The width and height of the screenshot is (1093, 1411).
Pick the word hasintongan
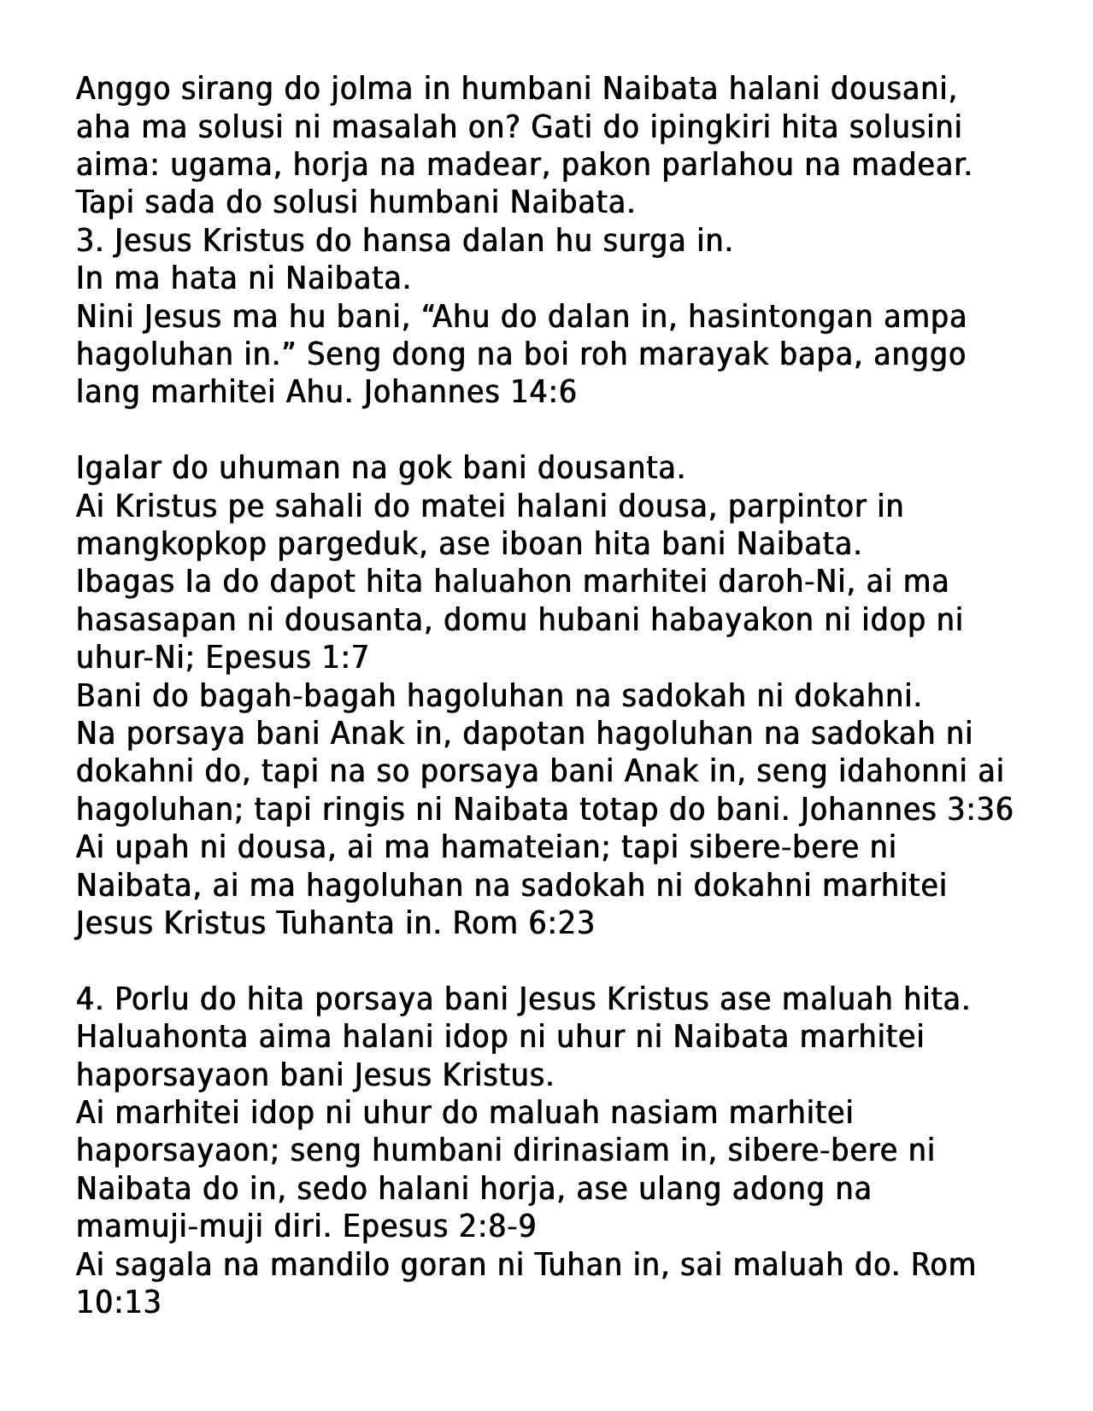click(778, 317)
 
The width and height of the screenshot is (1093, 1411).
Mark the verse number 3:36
click(979, 809)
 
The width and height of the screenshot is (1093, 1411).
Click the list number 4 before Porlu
click(85, 998)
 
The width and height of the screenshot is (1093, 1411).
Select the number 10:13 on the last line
click(119, 1303)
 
